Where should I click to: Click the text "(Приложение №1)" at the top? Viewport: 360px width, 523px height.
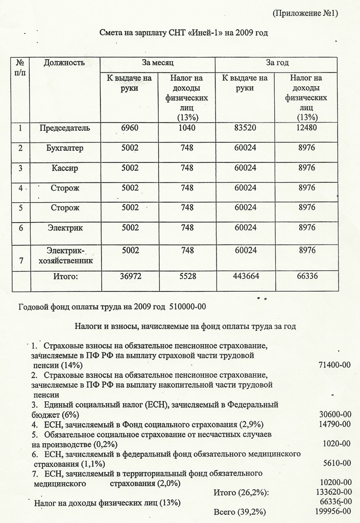pos(305,13)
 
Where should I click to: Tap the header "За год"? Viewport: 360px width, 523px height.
pos(277,63)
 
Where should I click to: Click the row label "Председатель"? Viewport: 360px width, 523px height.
pos(65,128)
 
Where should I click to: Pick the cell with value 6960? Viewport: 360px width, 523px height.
pos(130,128)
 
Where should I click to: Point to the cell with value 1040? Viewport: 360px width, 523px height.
pos(187,128)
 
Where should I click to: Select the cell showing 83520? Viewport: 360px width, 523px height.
pos(245,128)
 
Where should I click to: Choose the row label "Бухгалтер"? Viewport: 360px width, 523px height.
pos(65,148)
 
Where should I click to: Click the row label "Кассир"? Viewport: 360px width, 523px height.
pos(65,168)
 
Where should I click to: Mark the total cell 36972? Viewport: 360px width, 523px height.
pos(130,276)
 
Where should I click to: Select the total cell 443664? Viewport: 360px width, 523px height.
pos(245,276)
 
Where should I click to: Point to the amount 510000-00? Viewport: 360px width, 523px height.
pos(187,306)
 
